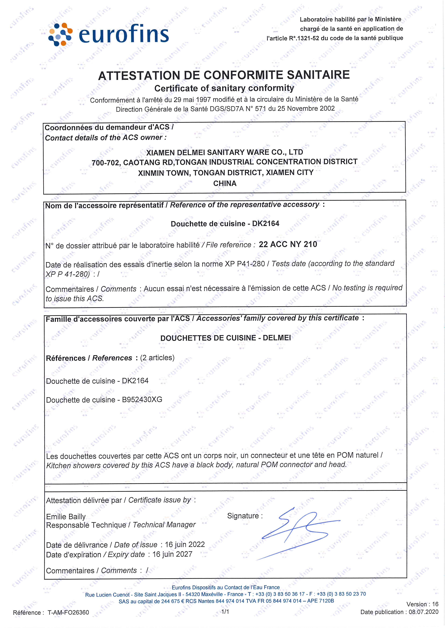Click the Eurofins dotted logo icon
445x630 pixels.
60,34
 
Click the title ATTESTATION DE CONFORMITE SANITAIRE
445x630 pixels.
224,75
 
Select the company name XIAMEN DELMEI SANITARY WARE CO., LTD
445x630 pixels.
225,152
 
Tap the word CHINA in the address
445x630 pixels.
225,183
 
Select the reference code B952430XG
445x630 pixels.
142,400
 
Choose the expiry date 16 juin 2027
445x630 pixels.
172,554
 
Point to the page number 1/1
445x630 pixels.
225,611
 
